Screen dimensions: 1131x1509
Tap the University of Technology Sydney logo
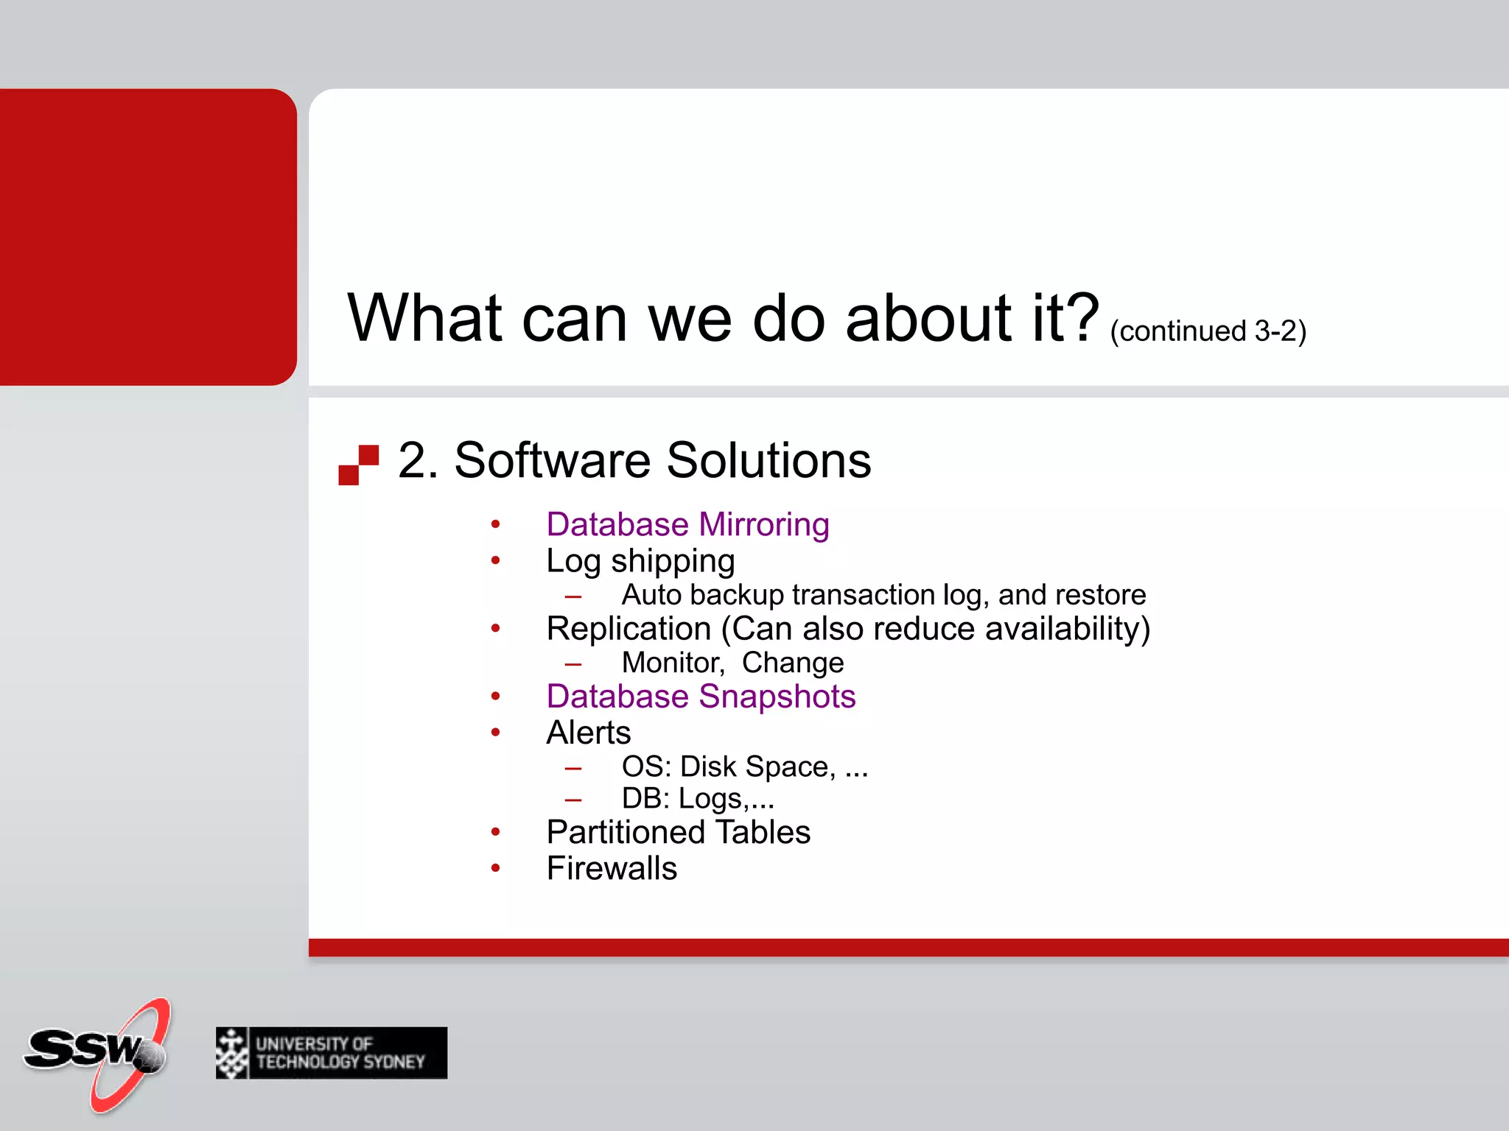[x=332, y=1053]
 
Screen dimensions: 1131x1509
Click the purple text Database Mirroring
[x=687, y=524]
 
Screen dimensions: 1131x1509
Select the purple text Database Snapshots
[x=701, y=697]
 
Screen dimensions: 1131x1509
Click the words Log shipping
[x=640, y=561]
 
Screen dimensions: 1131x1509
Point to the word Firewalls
[x=612, y=868]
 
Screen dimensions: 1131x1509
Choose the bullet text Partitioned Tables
[x=678, y=832]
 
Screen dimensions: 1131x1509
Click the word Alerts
[x=589, y=733]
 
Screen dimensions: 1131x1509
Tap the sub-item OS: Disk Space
[x=744, y=767]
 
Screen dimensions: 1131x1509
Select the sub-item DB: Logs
[x=697, y=799]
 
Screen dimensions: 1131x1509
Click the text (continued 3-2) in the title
[x=1208, y=331]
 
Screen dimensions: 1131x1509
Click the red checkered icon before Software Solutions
[x=359, y=465]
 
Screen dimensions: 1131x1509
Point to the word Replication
[x=629, y=629]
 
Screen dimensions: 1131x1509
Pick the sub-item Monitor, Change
[x=732, y=663]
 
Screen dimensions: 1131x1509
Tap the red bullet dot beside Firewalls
[x=496, y=869]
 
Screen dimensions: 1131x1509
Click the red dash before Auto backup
[x=573, y=596]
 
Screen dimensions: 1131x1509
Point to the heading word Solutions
[x=768, y=460]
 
